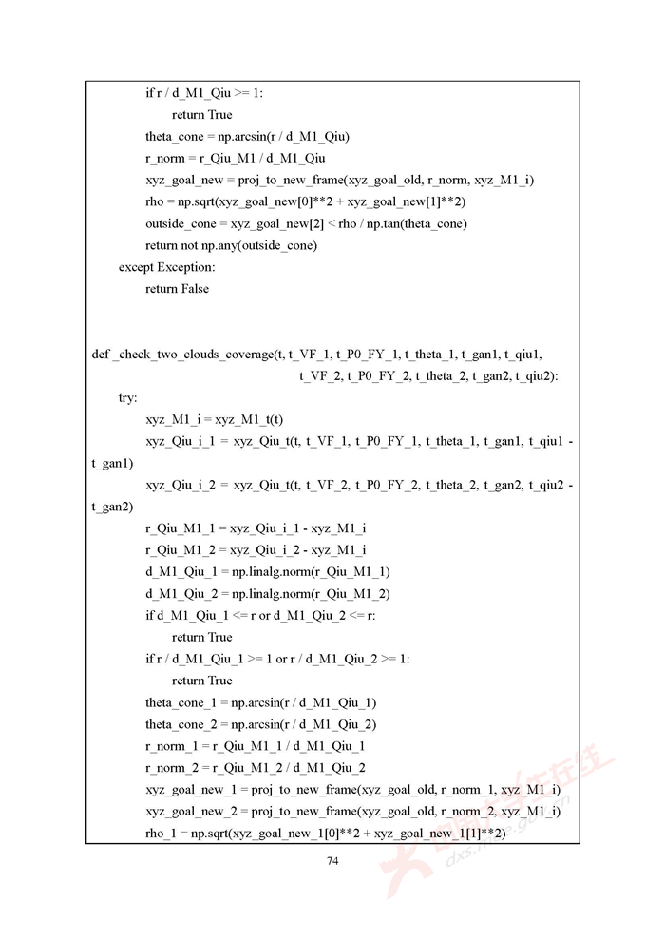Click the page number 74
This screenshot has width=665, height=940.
(332, 861)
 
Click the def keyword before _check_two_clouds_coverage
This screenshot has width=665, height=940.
(100, 355)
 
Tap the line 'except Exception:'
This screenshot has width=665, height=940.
(166, 267)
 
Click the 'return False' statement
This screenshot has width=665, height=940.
(178, 289)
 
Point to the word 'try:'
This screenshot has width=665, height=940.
(127, 398)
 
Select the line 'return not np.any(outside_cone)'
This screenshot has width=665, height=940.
(231, 245)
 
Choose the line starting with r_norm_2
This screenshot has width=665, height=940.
(256, 768)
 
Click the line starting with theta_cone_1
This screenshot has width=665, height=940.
(261, 702)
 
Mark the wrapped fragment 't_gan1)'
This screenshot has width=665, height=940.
(112, 463)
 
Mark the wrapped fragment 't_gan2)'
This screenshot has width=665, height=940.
(112, 507)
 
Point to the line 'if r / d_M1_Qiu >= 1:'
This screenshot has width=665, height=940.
(204, 93)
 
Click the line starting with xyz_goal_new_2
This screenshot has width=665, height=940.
(352, 811)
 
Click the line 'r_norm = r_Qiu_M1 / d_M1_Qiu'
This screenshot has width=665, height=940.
(235, 158)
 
